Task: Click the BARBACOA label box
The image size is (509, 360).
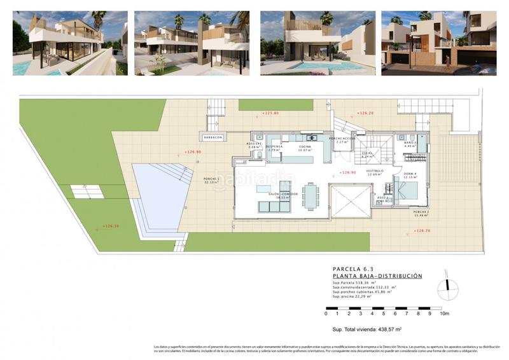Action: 213,137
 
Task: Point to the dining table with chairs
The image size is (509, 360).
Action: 309,195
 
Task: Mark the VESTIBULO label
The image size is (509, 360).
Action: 375,172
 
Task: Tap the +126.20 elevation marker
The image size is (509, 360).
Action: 365,113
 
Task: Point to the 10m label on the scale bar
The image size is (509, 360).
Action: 444,314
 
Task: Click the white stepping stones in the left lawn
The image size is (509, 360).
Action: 81,189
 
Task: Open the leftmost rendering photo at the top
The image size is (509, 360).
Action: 70,43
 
